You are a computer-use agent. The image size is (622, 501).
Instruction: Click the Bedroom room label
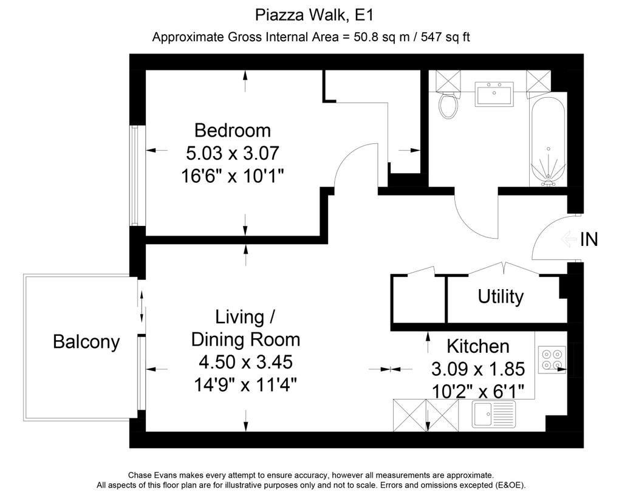pyautogui.click(x=233, y=131)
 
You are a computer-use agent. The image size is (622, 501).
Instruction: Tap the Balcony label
pyautogui.click(x=86, y=342)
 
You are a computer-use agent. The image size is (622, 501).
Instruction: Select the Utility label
pyautogui.click(x=501, y=297)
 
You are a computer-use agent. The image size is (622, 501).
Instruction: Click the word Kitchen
pyautogui.click(x=478, y=346)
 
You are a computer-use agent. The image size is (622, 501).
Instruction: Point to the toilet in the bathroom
pyautogui.click(x=448, y=104)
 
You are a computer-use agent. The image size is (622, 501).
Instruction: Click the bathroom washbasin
pyautogui.click(x=494, y=94)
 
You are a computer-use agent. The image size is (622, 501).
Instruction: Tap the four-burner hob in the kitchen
pyautogui.click(x=552, y=360)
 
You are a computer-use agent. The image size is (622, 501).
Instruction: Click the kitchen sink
pyautogui.click(x=494, y=414)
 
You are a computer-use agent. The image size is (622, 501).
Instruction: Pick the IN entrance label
pyautogui.click(x=589, y=239)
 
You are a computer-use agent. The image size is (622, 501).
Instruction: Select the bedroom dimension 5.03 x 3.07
pyautogui.click(x=233, y=153)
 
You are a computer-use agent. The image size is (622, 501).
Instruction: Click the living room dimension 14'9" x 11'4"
pyautogui.click(x=245, y=384)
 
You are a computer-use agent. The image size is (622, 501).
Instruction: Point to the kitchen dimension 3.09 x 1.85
pyautogui.click(x=478, y=369)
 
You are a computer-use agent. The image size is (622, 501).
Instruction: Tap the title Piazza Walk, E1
pyautogui.click(x=314, y=15)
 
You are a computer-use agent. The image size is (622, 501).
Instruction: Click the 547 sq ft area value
pyautogui.click(x=445, y=37)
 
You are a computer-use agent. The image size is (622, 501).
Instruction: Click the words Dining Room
pyautogui.click(x=245, y=340)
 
